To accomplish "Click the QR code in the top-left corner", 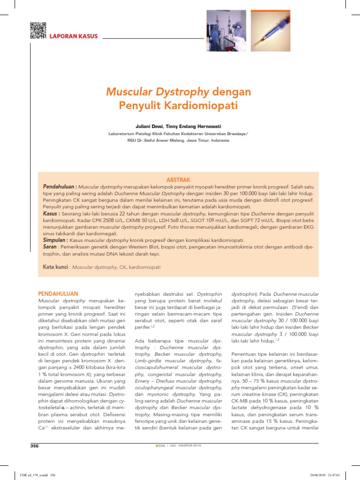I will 38,30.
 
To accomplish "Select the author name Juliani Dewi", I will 150,127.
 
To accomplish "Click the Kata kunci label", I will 55,267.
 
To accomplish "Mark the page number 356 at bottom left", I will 35,445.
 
